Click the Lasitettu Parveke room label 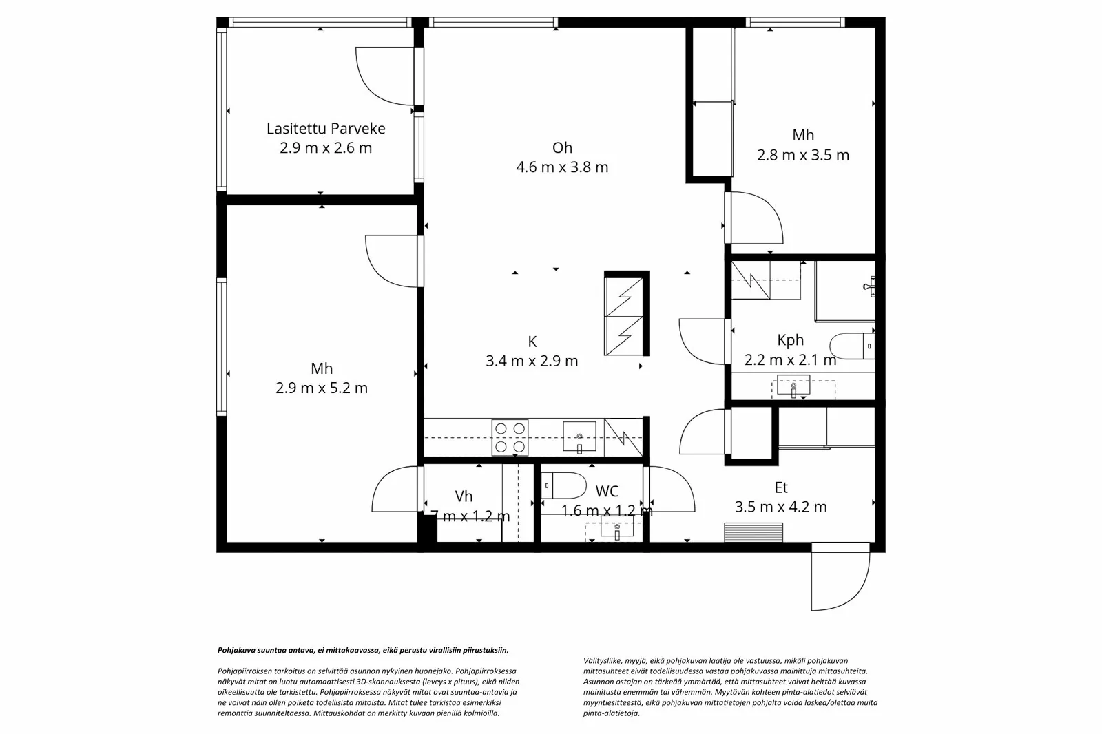(x=325, y=128)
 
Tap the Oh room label (x=562, y=147)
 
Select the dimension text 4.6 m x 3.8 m (x=562, y=167)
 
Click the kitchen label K (x=532, y=342)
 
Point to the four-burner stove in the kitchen (x=510, y=437)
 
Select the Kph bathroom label (x=790, y=339)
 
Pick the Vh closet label (x=464, y=496)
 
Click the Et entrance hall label (x=780, y=487)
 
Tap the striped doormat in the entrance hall (x=753, y=532)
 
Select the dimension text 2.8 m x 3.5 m (x=802, y=156)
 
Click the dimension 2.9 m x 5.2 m (x=322, y=388)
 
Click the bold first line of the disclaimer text (x=363, y=649)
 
